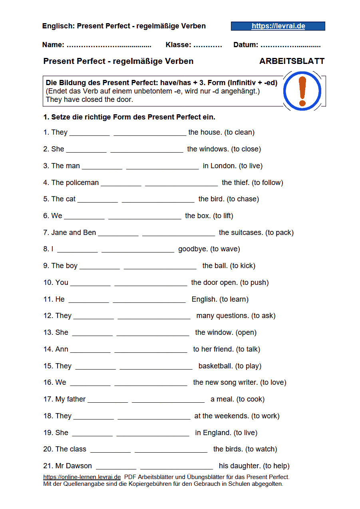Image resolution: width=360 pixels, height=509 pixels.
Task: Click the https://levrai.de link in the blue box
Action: coord(278,26)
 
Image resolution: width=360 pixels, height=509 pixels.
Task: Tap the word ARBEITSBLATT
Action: coord(292,62)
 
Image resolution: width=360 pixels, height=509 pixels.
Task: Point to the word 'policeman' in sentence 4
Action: coord(82,183)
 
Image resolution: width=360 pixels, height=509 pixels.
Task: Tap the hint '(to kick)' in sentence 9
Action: coord(243,266)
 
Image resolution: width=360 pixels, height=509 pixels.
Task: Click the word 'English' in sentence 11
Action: coord(205,299)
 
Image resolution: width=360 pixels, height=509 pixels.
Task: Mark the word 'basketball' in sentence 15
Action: coord(215,366)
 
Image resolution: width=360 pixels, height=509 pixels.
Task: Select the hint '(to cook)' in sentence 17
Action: coord(251,399)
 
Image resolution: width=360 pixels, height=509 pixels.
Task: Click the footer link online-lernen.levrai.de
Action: coord(82,477)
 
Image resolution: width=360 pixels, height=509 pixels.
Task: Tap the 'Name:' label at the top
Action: coord(53,45)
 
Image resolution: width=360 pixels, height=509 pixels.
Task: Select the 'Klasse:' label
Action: coord(178,45)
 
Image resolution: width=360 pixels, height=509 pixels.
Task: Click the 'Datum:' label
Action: coord(246,45)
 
